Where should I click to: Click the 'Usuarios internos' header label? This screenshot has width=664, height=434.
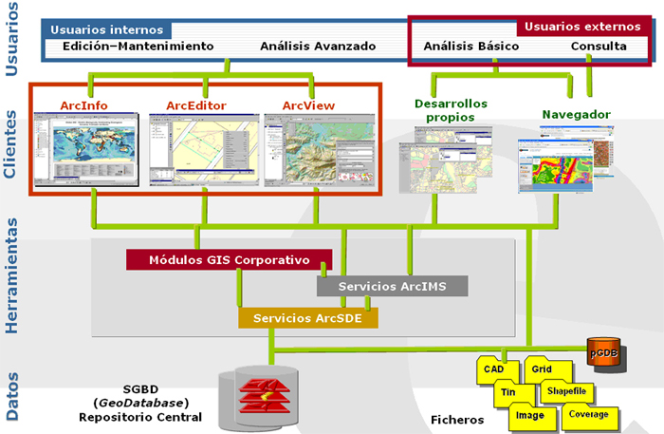click(105, 29)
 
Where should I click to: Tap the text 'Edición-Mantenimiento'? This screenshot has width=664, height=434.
click(138, 46)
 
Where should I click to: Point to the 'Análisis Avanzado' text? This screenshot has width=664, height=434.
click(318, 46)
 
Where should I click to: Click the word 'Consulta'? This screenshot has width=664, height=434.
click(598, 46)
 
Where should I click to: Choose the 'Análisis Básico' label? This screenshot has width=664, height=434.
click(471, 46)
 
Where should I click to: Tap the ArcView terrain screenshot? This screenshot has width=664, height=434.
click(318, 148)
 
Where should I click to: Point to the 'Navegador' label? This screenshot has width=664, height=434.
click(576, 115)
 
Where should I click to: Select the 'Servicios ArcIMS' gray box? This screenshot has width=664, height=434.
click(392, 286)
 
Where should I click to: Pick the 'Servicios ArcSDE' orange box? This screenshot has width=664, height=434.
click(307, 317)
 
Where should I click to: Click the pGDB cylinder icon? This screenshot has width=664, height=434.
click(603, 352)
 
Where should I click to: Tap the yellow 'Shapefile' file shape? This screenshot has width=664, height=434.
click(566, 389)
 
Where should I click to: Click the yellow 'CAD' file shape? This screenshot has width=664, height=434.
click(493, 369)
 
